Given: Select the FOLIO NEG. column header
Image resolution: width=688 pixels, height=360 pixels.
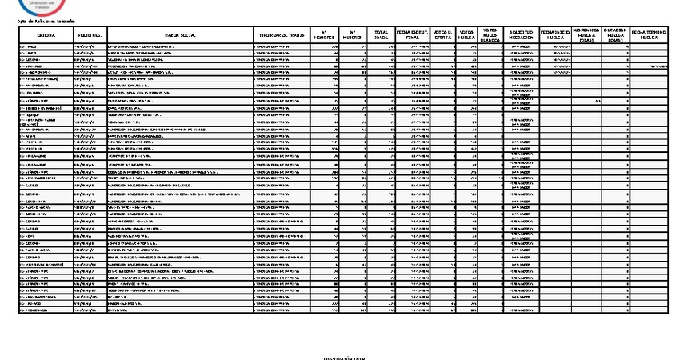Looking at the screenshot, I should point(89,36).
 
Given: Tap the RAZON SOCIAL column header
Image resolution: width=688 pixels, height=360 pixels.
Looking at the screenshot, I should point(178,36).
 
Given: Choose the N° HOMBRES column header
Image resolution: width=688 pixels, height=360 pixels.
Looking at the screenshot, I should point(323,36).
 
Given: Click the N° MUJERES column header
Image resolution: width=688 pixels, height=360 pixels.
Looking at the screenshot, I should point(352,36).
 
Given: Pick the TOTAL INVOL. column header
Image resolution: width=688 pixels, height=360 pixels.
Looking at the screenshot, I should point(381,36).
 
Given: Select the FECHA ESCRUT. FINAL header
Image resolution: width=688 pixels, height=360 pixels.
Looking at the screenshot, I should point(412,36).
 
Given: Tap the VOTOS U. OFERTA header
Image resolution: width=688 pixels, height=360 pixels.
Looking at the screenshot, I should point(442,36).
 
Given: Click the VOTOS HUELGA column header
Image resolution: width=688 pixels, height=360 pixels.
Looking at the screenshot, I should point(466,36).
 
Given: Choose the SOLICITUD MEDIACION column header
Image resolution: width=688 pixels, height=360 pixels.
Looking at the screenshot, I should point(522,36).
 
